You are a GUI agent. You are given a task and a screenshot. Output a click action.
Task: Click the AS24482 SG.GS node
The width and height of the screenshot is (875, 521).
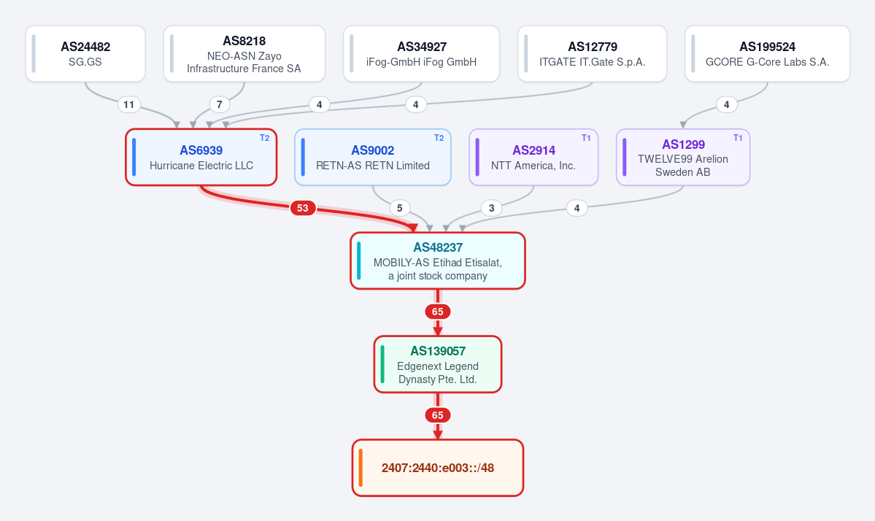coord(85,53)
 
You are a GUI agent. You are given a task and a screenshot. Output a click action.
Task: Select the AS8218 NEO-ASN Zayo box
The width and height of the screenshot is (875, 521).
coord(244,53)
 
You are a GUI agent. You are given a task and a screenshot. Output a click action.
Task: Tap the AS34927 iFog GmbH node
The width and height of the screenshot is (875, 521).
coord(421,53)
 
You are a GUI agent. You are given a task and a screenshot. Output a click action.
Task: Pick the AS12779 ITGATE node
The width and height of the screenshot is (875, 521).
coord(592,53)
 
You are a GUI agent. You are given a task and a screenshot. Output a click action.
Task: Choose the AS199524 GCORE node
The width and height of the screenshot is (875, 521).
coord(767,53)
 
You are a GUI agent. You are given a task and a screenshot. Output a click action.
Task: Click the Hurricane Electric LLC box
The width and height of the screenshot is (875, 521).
coord(201,158)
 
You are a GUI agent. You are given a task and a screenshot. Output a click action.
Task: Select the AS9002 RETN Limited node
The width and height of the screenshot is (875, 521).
coord(373,158)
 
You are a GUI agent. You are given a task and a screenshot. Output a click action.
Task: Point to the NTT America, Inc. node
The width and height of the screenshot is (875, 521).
coord(533,158)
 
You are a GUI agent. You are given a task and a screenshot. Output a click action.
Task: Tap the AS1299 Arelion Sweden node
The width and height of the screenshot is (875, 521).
coord(683,158)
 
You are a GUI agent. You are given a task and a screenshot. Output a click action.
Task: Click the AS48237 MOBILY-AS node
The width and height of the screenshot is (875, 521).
coord(438,261)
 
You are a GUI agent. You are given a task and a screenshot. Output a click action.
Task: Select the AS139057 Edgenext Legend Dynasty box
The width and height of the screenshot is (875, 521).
coord(438,364)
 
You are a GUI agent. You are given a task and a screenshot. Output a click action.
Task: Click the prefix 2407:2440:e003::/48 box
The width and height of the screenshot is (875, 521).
coord(438,468)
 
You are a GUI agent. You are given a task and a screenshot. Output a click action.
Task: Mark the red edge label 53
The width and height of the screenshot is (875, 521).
coord(302,208)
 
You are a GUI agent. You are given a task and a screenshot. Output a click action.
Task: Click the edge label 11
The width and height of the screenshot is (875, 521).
coord(129,104)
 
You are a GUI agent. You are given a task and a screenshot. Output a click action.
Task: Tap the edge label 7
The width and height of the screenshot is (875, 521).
coord(220,104)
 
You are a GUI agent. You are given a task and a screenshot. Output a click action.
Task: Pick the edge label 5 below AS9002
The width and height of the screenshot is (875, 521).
coord(400,208)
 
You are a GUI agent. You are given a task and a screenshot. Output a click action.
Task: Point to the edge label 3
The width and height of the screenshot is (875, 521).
coord(492,208)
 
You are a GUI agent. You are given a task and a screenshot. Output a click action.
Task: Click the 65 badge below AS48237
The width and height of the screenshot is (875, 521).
coord(438,312)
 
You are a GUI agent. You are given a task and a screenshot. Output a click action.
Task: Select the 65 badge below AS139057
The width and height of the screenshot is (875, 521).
coord(438,416)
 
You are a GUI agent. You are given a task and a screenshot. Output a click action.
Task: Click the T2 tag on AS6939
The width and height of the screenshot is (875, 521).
coord(264,138)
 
